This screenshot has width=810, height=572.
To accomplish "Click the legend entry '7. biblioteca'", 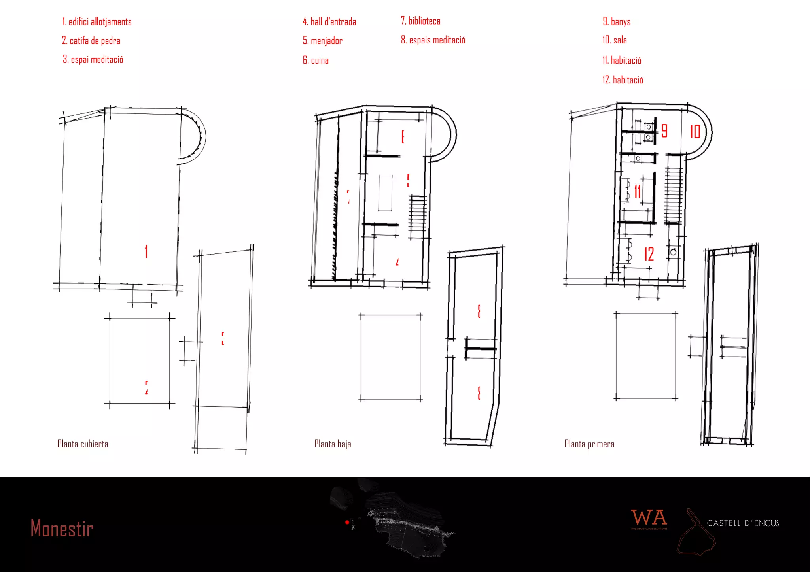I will click(x=420, y=21).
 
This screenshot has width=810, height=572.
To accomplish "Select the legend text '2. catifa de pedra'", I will click(x=91, y=41).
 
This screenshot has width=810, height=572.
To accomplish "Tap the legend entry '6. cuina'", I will click(x=316, y=60).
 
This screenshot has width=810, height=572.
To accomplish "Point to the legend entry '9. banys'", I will click(x=617, y=22).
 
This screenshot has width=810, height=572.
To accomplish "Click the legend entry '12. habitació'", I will click(x=623, y=80).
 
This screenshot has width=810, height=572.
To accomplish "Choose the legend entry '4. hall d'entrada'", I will click(x=329, y=22).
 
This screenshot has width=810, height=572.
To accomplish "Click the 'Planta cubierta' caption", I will click(x=83, y=444).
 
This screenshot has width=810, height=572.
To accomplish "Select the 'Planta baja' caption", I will click(x=333, y=444).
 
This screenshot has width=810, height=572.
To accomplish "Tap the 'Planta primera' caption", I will click(x=589, y=444).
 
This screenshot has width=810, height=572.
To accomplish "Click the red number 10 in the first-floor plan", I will click(x=695, y=132).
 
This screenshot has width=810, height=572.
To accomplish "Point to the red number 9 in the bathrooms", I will click(x=664, y=131).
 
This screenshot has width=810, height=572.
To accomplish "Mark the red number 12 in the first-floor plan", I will click(x=649, y=254).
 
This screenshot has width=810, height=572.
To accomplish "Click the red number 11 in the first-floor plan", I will click(x=638, y=192).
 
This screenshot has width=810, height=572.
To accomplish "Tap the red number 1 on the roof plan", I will click(x=146, y=251).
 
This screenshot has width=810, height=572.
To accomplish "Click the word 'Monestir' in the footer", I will click(x=62, y=529).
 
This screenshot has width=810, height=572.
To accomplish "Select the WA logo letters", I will click(x=649, y=518).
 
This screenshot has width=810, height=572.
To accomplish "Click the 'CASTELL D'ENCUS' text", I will click(x=743, y=523).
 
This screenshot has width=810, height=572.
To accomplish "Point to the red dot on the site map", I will click(x=347, y=523).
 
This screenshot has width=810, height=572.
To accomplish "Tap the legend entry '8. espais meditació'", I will click(x=433, y=40).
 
